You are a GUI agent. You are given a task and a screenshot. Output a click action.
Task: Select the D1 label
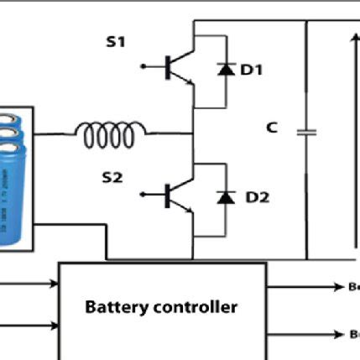point(251,71)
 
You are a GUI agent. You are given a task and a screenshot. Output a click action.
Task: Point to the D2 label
point(251,199)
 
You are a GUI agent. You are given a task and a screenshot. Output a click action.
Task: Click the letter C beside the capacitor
point(272,128)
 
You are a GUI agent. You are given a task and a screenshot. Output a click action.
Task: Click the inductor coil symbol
point(110,131)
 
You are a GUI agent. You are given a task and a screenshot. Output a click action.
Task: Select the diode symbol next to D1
point(225,70)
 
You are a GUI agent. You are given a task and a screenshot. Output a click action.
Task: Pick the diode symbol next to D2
point(225,197)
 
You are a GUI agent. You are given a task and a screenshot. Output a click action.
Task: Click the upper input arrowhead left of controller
point(52,285)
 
